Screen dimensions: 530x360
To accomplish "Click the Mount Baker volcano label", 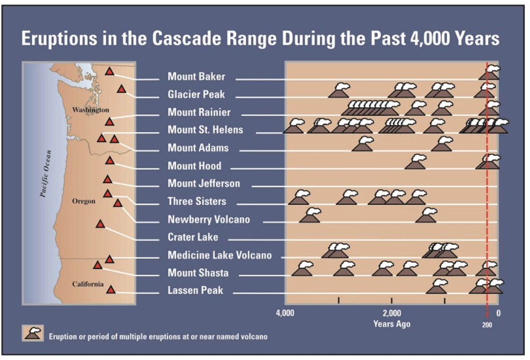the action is coord(196,77).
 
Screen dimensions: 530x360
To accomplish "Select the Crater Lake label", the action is coord(193,237).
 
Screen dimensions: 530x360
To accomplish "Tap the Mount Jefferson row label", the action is coord(204,184).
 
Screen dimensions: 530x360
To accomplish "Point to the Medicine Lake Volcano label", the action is coord(219,255).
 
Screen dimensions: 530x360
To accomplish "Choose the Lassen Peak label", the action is coord(195,291).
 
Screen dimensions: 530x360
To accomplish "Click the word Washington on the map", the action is coord(91,110).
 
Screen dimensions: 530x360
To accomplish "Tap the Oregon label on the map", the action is coord(83,201).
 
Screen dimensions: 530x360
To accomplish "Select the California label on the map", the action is coord(88,284).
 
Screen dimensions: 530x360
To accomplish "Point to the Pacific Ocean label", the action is coord(46,174).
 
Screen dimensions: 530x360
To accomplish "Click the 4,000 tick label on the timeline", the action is coord(285,313).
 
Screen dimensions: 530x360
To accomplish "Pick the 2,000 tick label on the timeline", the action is coord(392,313).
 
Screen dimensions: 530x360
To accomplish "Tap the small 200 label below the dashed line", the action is coord(487,325).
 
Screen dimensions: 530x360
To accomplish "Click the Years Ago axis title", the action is coord(392,324).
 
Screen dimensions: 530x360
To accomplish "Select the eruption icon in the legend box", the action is coord(33,333).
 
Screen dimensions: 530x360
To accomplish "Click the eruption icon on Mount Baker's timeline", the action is coord(490,72).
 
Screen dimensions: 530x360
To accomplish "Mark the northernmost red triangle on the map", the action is coord(109,71).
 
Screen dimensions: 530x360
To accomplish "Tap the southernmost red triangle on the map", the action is coord(111,290).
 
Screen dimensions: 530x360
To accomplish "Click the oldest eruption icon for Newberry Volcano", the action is coord(310,215).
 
